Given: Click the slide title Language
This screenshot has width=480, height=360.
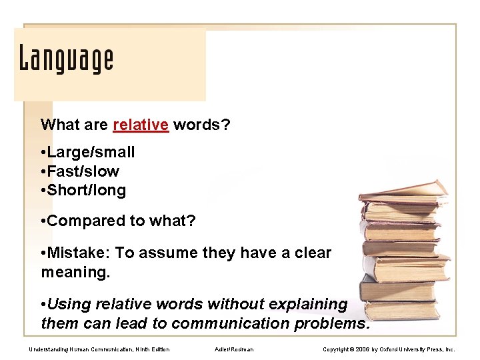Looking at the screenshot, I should coord(66,59).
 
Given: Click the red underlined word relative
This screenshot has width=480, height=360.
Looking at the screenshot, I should coord(141,125).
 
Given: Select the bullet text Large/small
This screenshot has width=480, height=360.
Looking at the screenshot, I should coord(90,152).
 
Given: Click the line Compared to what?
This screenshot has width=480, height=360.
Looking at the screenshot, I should coord(120,221).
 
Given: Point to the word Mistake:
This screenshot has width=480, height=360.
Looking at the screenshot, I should coord(79,253).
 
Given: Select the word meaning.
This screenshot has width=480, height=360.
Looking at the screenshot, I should coord(73,272).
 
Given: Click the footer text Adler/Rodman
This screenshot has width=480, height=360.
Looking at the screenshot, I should coord(235,349).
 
